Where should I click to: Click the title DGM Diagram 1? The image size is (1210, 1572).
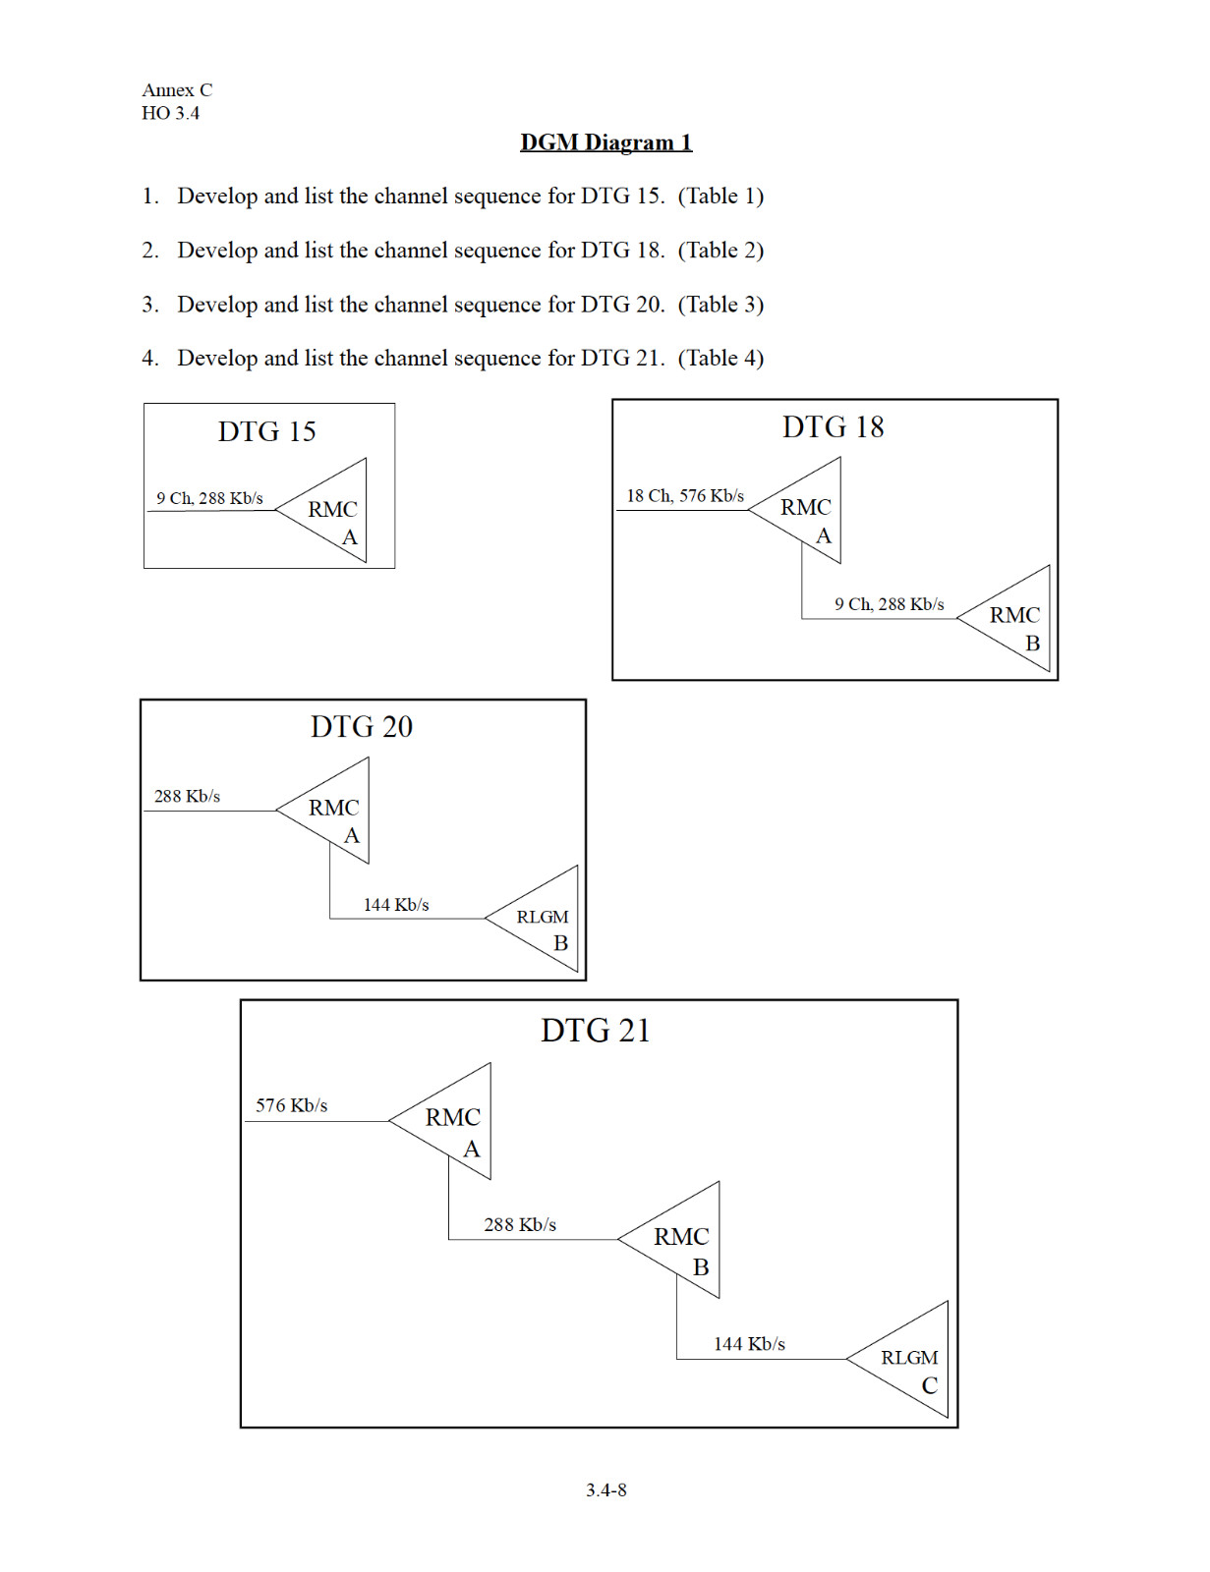tap(605, 142)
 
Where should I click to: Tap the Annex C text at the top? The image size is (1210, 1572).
tap(177, 89)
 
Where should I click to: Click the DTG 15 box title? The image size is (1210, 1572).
tap(267, 431)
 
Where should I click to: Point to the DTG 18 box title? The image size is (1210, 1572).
tap(833, 426)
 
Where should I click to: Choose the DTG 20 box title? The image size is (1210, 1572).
tap(362, 726)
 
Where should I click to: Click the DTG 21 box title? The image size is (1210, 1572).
tap(596, 1031)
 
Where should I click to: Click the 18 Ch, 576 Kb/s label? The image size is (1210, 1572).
tap(685, 495)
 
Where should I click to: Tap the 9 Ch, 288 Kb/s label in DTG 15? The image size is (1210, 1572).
tap(210, 498)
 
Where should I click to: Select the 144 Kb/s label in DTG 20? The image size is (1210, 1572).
tap(396, 904)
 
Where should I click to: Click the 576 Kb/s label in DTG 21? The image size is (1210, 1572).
tap(291, 1105)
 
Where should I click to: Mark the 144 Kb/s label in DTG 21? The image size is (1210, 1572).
tap(749, 1343)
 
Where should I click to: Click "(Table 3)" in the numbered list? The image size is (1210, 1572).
tap(720, 304)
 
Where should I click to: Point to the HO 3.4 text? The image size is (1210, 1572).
tap(171, 113)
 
